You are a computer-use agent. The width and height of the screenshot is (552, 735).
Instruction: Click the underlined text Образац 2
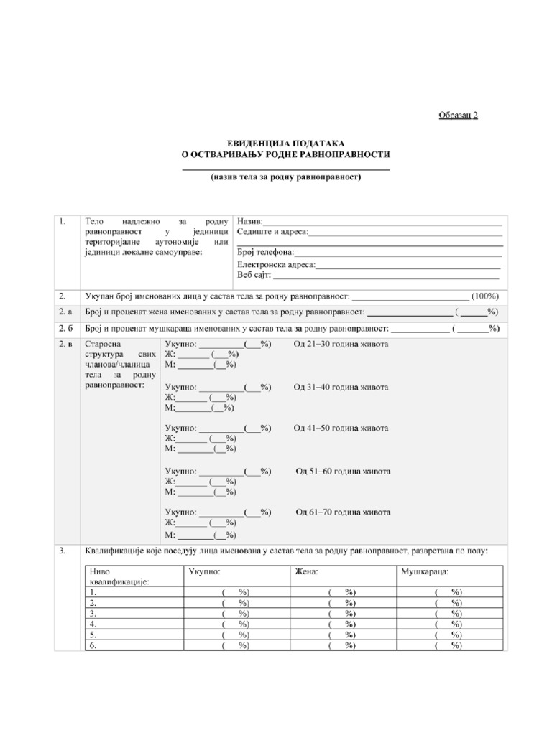point(459,115)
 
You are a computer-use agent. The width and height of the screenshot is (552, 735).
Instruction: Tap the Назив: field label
point(250,220)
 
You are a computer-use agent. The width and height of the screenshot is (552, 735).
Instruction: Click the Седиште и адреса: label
point(272,231)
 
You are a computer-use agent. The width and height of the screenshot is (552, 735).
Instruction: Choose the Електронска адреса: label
point(277,264)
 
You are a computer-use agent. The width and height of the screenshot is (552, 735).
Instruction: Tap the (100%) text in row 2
point(485,296)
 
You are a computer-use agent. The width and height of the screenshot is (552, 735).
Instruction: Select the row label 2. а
point(66,312)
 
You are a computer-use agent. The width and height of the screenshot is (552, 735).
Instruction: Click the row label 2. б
point(66,329)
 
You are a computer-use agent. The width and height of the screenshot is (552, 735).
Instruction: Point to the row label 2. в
point(66,345)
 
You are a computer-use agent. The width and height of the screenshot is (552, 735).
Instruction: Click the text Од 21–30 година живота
point(341,345)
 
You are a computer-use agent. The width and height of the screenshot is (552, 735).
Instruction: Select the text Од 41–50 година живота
point(341,429)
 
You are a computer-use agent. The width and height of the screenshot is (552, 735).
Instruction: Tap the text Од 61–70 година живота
point(344,512)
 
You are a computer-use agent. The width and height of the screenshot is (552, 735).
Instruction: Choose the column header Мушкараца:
point(425,572)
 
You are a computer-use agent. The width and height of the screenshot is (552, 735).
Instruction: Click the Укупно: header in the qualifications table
point(204,572)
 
